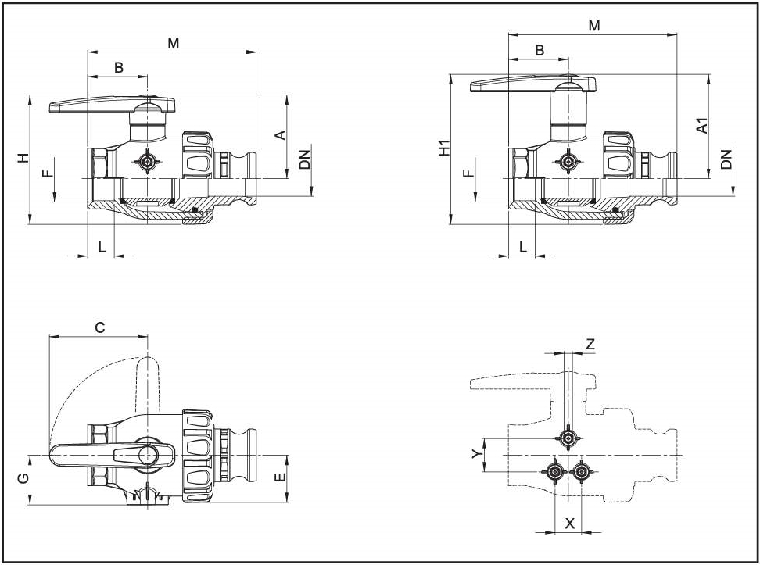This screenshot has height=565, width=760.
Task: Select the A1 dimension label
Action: (x=702, y=125)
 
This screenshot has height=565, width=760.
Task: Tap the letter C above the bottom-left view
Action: (x=99, y=328)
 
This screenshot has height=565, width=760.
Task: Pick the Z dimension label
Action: (x=590, y=344)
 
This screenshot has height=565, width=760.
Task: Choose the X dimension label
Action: (x=569, y=524)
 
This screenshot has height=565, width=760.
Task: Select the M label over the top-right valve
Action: (x=594, y=26)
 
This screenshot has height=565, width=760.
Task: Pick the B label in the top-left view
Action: (x=119, y=68)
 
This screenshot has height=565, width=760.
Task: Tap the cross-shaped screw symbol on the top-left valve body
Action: (x=147, y=163)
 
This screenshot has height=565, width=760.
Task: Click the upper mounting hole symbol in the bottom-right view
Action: (x=568, y=438)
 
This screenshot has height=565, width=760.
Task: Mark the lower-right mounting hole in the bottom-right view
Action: (x=581, y=471)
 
